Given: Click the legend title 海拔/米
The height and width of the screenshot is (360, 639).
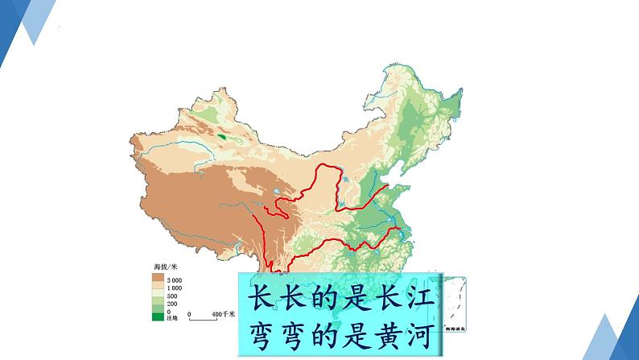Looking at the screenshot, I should pos(165,266).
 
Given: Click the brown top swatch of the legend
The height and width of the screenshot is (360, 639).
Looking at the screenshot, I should pos(158,279).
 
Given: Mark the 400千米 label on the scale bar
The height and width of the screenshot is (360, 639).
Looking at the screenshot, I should pos(222,312).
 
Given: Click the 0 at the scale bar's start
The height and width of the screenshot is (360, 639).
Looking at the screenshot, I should pos(189,312).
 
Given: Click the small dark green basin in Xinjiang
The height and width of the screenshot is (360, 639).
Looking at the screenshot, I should pos(223,137).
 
